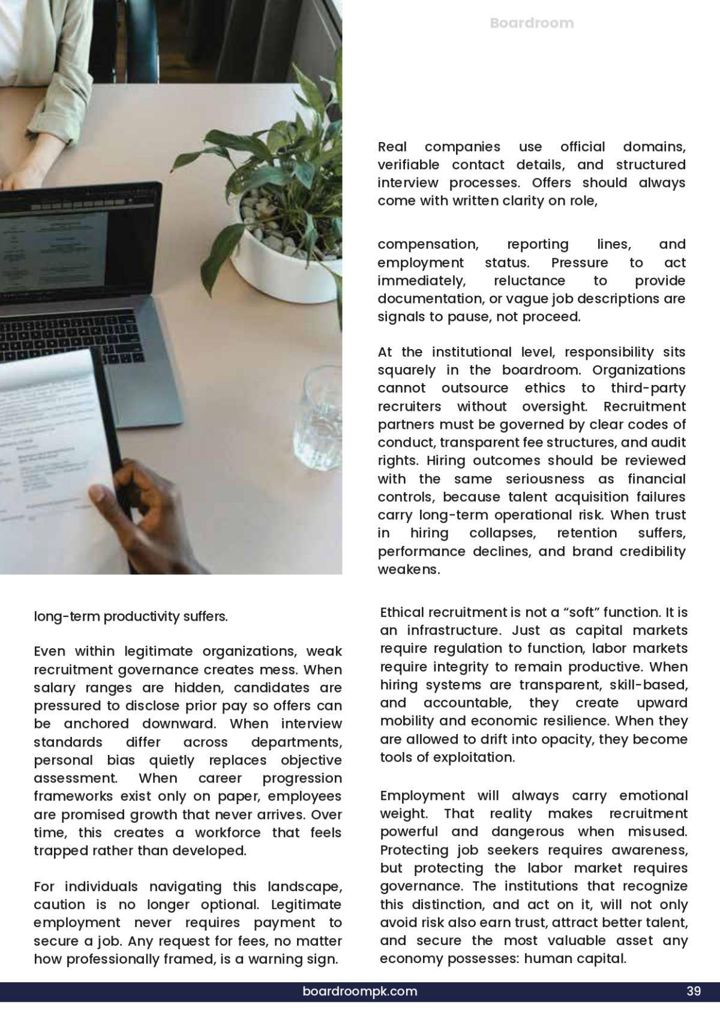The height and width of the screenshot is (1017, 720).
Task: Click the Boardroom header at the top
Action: point(532,23)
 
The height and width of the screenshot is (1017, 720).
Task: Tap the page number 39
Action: point(694,991)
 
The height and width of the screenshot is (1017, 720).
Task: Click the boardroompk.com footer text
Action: point(360,991)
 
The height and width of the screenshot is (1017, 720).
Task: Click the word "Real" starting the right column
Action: point(392,147)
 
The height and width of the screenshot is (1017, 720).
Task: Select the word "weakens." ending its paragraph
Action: point(409,570)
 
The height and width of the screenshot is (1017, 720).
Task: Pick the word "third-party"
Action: point(648,388)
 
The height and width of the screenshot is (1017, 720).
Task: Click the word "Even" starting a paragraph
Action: point(49,651)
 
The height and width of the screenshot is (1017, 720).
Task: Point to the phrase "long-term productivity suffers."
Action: point(131,616)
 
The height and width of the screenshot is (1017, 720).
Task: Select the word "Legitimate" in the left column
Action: point(306,904)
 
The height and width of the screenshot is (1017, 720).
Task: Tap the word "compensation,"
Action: point(428,244)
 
